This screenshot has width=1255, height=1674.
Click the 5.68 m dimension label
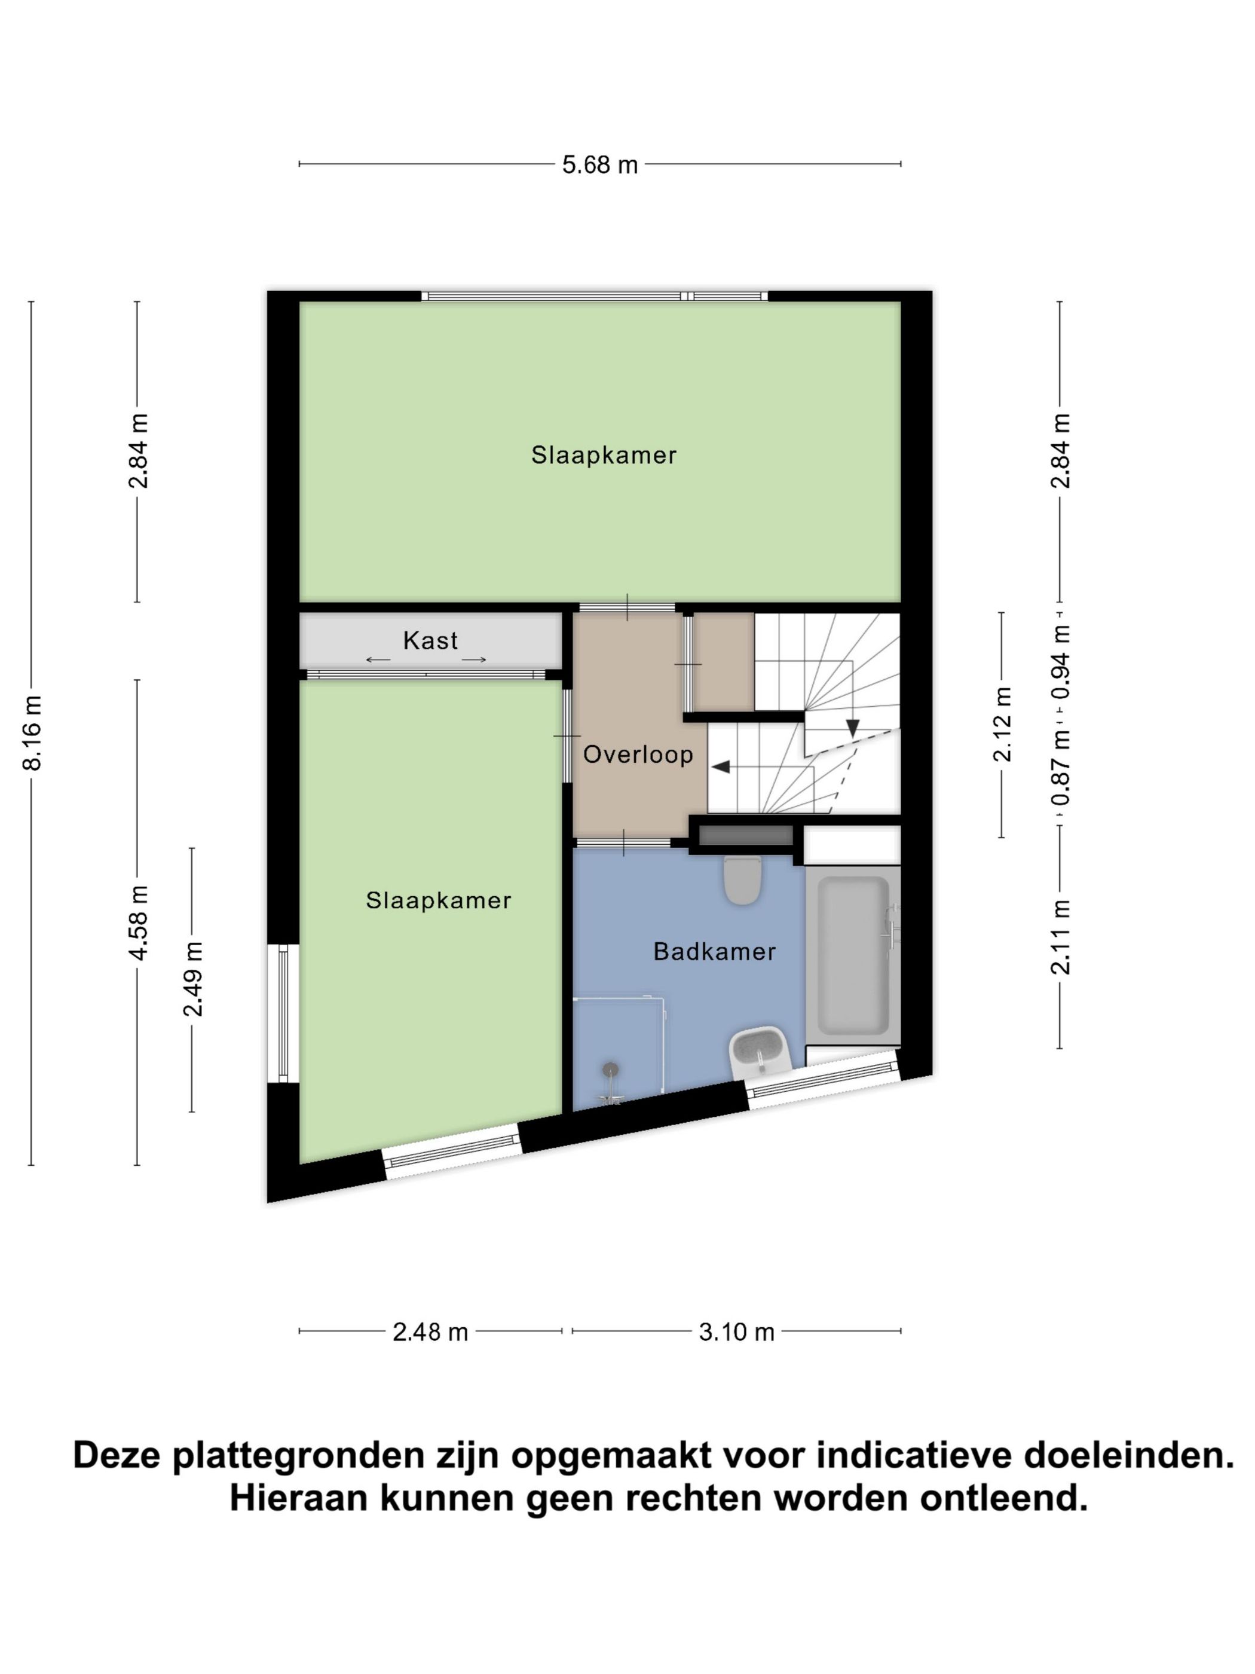pyautogui.click(x=599, y=164)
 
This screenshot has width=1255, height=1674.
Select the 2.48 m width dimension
pyautogui.click(x=430, y=1332)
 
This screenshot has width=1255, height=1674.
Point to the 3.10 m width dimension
pyautogui.click(x=736, y=1332)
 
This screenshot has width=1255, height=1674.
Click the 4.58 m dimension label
pyautogui.click(x=139, y=922)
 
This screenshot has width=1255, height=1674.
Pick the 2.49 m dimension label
pyautogui.click(x=193, y=979)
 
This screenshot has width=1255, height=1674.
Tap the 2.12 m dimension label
pyautogui.click(x=1002, y=723)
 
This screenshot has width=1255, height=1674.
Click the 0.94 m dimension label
pyautogui.click(x=1061, y=662)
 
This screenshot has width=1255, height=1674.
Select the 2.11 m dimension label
pyautogui.click(x=1061, y=937)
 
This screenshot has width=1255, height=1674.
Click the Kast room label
pyautogui.click(x=430, y=641)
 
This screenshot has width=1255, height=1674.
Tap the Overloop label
pyautogui.click(x=638, y=754)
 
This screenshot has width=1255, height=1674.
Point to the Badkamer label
pyautogui.click(x=714, y=951)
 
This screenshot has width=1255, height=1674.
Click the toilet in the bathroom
pyautogui.click(x=742, y=879)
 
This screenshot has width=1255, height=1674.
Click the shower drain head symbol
pyautogui.click(x=610, y=1070)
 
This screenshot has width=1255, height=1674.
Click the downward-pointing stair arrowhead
pyautogui.click(x=853, y=728)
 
